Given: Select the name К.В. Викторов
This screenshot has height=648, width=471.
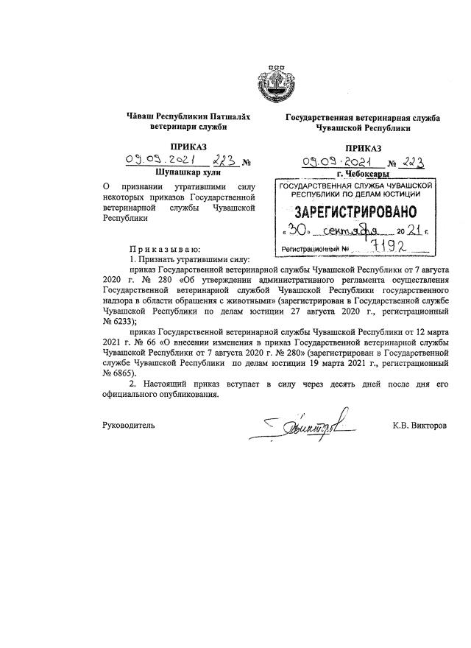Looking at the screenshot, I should [x=419, y=426].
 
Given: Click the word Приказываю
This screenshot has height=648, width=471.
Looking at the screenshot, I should [x=165, y=249].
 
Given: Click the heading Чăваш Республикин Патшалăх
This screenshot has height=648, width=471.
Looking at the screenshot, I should [x=174, y=116].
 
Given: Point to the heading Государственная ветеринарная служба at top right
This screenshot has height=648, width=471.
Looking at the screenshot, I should [x=363, y=118].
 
